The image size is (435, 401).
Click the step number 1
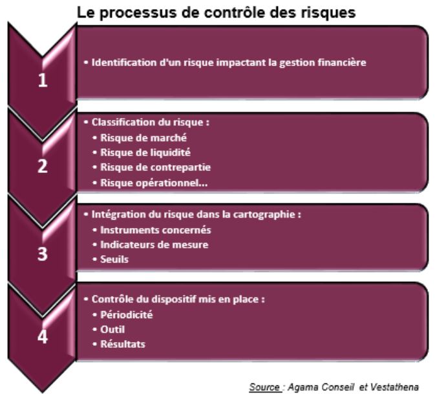coord(43,80)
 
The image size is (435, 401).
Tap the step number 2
coord(43,166)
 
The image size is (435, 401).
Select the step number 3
coord(43,253)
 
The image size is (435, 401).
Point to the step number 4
coord(43,336)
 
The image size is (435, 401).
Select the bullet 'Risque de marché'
coord(143,137)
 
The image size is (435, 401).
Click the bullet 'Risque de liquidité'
coord(145,152)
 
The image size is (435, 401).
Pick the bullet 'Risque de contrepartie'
coord(155,167)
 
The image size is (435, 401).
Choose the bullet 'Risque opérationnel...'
coord(154,183)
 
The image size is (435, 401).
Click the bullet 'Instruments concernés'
coord(155,230)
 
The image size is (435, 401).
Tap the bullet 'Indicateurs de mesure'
coord(154,245)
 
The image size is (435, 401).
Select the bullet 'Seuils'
coord(114,260)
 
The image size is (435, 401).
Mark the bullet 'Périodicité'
coord(127,315)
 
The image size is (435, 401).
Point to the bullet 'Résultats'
coord(123,344)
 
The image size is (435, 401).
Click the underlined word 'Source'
coord(264,387)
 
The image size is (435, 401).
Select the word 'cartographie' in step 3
coord(264,214)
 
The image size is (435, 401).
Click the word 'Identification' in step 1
coord(124,62)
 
